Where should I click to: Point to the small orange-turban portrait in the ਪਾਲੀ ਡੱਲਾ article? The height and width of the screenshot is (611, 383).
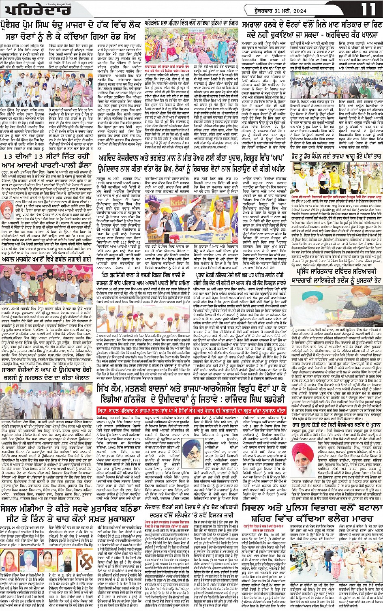[x=10, y=210]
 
